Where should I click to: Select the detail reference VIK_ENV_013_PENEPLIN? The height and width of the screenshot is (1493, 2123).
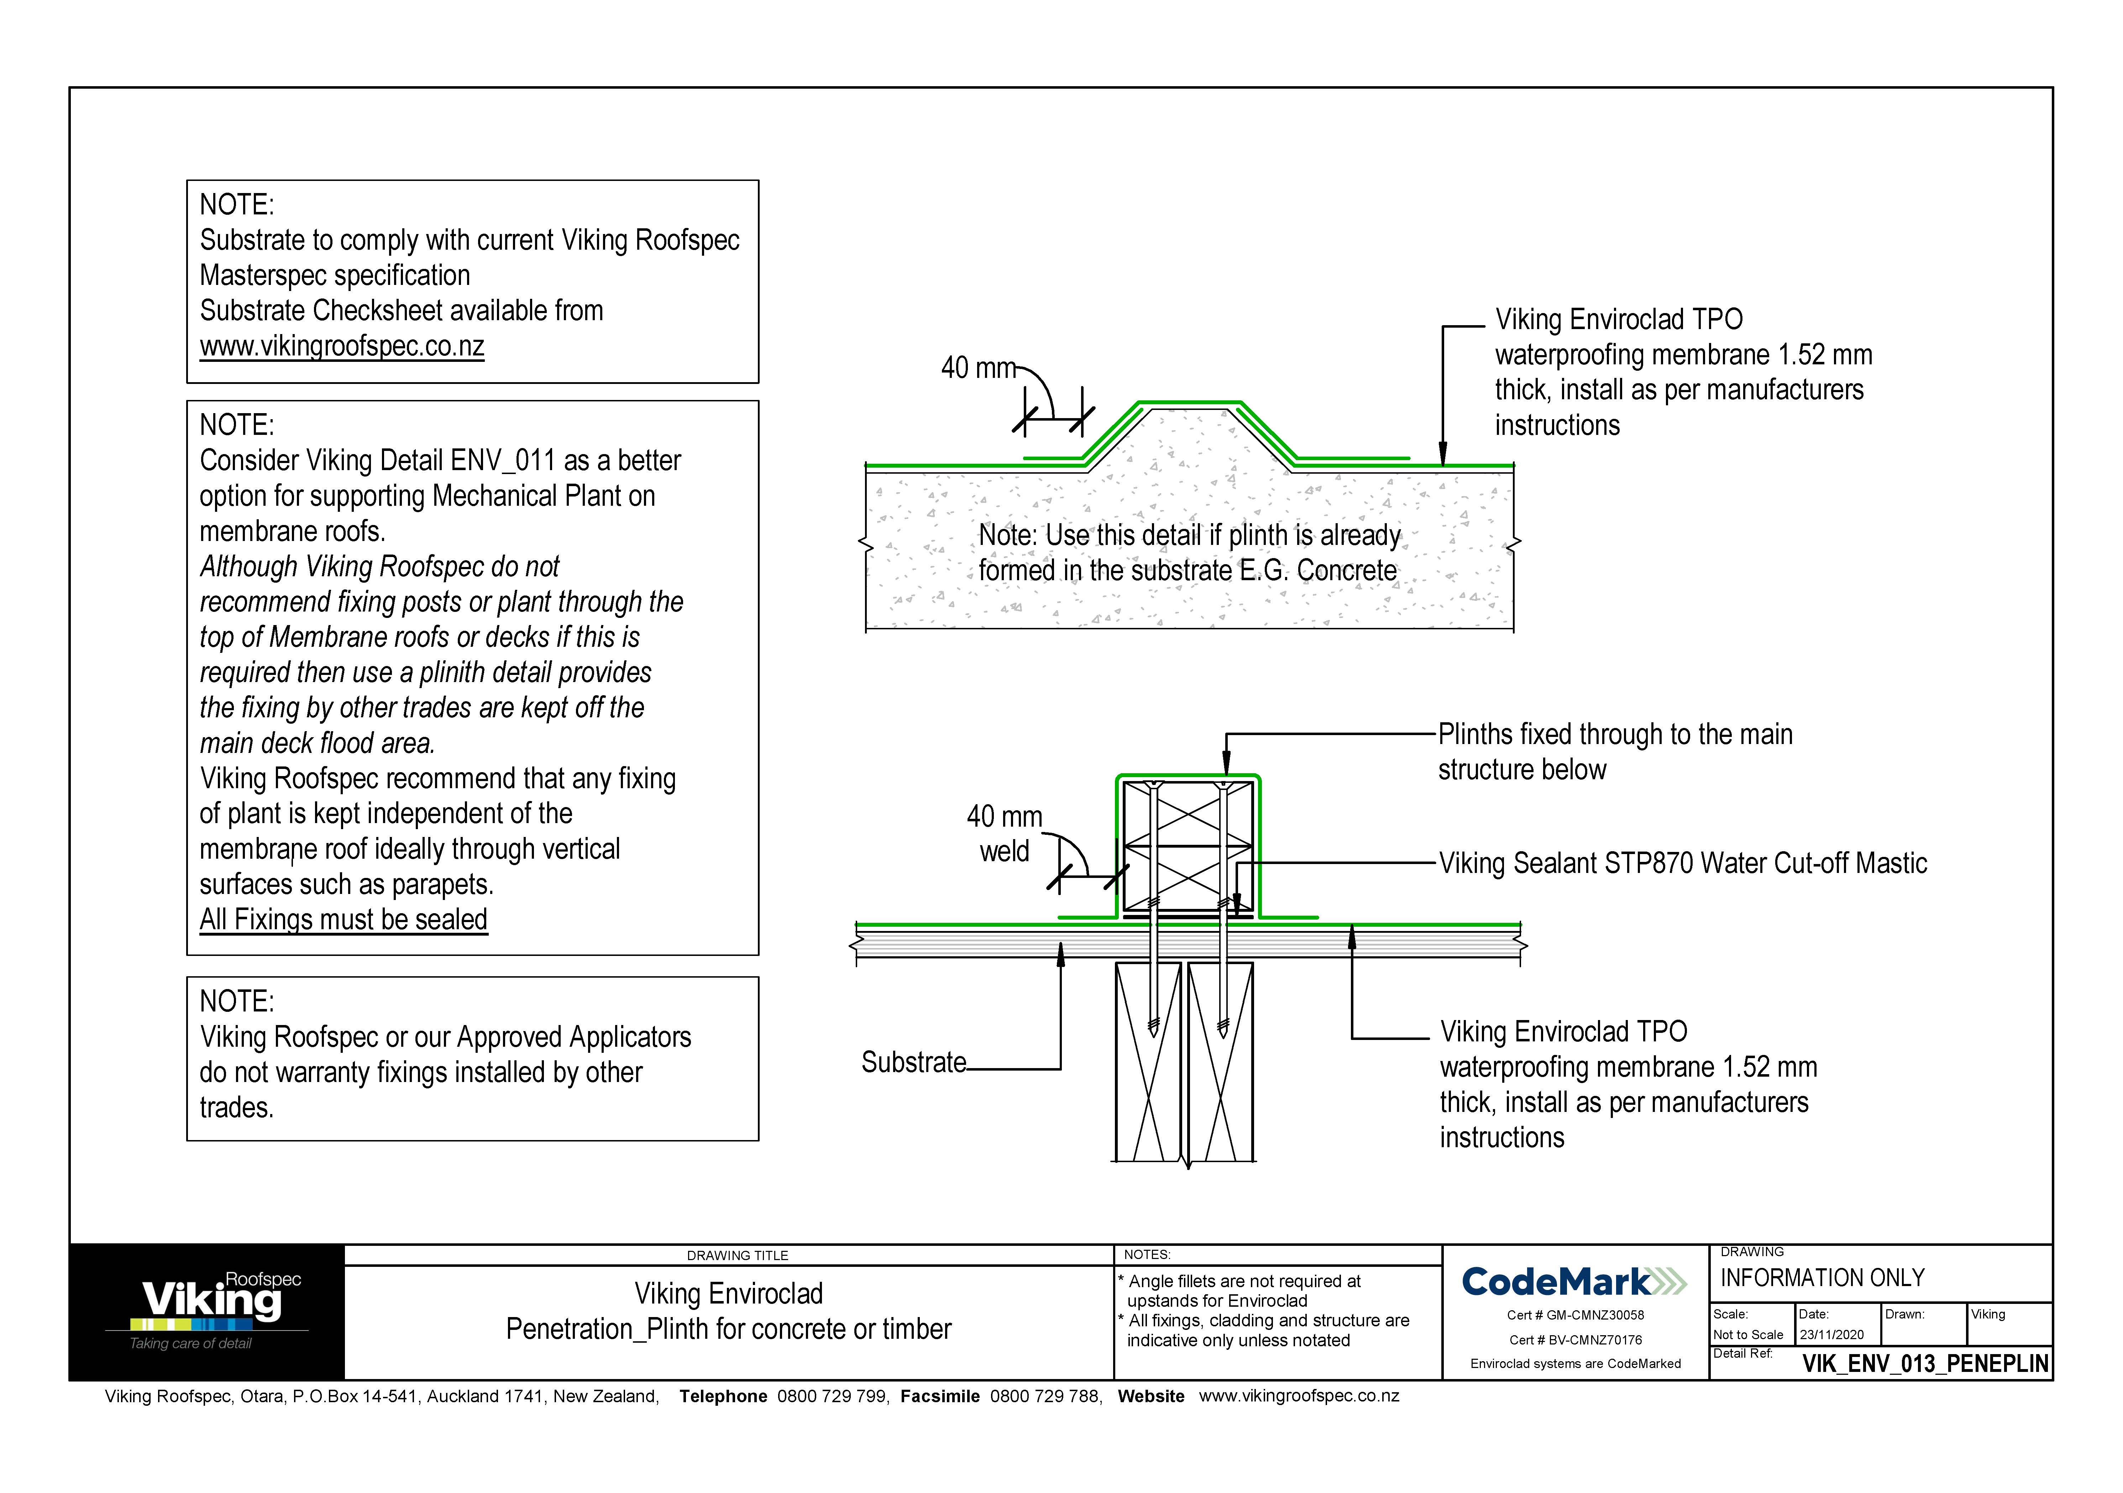coord(1925,1363)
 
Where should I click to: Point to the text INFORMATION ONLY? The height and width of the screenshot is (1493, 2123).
coord(1821,1278)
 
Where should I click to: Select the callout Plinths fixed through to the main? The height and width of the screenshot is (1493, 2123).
coord(1614,734)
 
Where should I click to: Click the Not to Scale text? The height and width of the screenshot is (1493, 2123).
coord(1747,1335)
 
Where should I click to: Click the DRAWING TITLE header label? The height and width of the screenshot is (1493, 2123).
coord(737,1255)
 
